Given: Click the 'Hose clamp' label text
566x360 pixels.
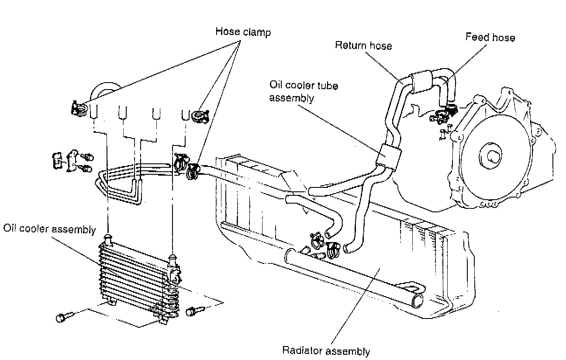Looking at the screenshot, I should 243,32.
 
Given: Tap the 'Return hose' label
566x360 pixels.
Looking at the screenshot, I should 363,45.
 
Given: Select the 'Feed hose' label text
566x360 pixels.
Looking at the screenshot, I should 490,38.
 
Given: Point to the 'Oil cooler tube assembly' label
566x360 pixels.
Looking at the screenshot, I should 304,91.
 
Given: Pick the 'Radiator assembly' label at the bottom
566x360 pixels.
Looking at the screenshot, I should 326,351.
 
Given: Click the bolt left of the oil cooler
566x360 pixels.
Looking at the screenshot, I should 62,318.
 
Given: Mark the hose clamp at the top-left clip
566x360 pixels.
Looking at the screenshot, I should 78,107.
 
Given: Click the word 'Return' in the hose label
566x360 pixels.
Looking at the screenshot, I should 350,45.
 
